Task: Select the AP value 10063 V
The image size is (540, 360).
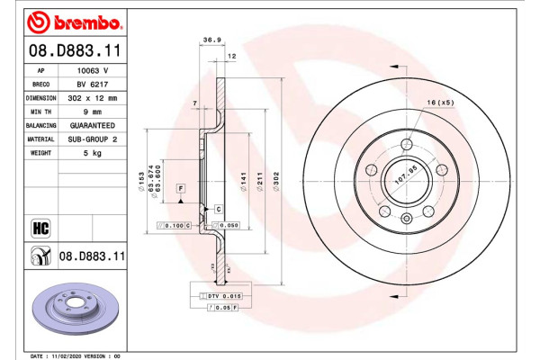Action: (x=93, y=69)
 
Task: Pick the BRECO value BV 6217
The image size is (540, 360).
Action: (x=93, y=83)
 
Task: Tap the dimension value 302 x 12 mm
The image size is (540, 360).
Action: (x=93, y=97)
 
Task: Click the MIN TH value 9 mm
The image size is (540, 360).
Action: (x=93, y=111)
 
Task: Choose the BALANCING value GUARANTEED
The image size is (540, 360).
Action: (x=93, y=125)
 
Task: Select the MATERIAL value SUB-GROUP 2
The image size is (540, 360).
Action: (x=93, y=139)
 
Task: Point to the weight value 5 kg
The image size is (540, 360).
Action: (x=93, y=154)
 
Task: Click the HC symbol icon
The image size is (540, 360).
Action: (x=40, y=227)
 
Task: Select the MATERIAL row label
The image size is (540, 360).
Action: (x=40, y=139)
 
